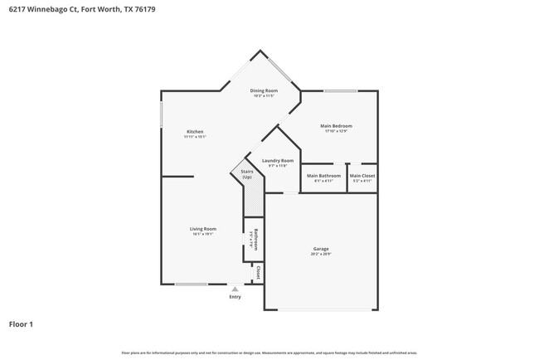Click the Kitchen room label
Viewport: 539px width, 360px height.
195,132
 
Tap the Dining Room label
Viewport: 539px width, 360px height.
265,90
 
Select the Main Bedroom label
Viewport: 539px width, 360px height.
336,126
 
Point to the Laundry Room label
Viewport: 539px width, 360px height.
277,161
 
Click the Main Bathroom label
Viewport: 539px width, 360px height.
323,176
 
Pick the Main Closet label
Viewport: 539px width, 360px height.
362,176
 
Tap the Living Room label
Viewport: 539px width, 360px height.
203,229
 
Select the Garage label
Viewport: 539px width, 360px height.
321,249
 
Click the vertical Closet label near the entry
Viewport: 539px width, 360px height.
258,272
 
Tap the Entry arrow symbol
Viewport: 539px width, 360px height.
235,289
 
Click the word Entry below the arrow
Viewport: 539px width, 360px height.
235,296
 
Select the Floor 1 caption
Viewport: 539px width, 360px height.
21,324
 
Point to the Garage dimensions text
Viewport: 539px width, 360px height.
321,254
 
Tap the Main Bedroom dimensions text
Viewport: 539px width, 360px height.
336,131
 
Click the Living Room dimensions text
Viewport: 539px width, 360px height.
203,234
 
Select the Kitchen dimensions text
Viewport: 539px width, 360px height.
195,137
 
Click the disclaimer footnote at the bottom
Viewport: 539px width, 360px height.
269,353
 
